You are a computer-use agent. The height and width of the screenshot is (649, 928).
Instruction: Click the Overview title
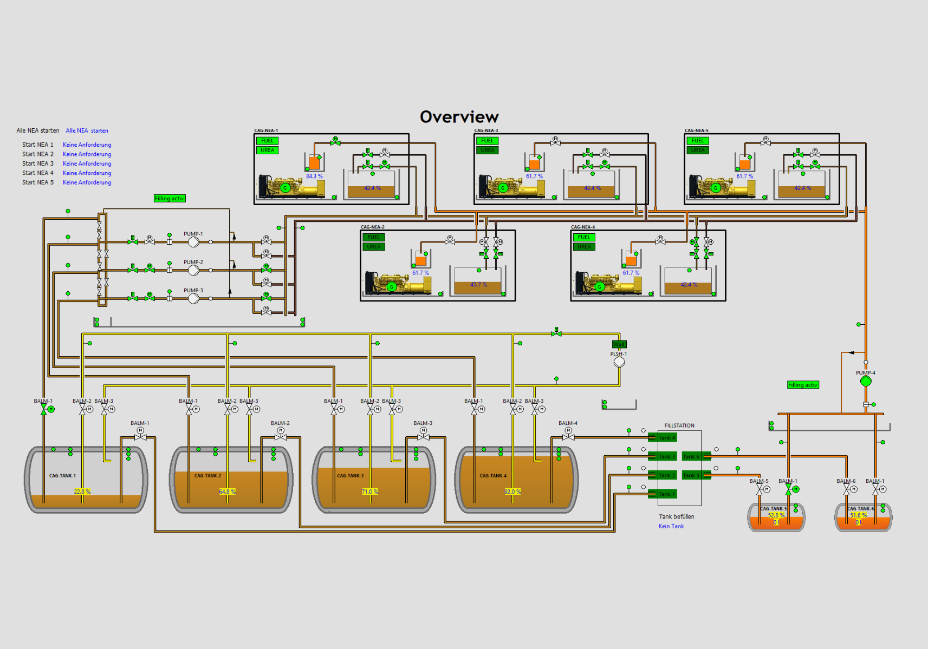[x=459, y=117]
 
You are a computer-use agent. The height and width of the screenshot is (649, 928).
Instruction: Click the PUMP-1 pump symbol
[x=193, y=242]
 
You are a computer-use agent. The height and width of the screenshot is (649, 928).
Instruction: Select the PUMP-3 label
[x=193, y=290]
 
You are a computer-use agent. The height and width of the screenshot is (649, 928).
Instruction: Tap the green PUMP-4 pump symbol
[x=865, y=381]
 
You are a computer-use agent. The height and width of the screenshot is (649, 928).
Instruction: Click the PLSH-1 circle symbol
[x=619, y=362]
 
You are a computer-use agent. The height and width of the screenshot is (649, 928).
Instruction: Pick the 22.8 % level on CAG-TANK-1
[x=82, y=491]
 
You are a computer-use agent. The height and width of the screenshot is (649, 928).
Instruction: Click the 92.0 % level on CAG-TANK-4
[x=512, y=491]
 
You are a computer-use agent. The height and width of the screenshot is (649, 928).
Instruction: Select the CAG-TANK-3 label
[x=350, y=476]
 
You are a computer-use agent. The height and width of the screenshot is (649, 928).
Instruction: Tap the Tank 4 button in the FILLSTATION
[x=666, y=437]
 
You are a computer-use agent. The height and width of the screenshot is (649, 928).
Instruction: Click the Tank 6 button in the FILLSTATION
[x=691, y=456]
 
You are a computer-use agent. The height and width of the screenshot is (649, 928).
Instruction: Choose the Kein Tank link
[x=671, y=526]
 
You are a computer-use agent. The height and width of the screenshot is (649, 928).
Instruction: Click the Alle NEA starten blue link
[x=87, y=130]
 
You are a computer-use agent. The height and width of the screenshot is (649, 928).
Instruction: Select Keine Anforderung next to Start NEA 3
[x=87, y=163]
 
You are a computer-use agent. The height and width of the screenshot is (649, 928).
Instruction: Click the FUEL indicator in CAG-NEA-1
[x=267, y=141]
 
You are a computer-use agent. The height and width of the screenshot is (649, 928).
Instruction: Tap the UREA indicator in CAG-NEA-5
[x=697, y=150]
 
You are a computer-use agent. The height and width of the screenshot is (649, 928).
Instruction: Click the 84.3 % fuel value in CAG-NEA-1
[x=314, y=176]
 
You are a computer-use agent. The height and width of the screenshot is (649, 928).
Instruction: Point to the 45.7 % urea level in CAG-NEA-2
[x=478, y=285]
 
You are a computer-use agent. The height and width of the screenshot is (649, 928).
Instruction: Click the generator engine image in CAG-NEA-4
[x=608, y=283]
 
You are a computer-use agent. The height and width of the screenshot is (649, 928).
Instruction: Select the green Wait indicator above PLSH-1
[x=619, y=344]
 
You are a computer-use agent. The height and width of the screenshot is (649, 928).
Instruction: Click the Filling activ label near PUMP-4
[x=802, y=385]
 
